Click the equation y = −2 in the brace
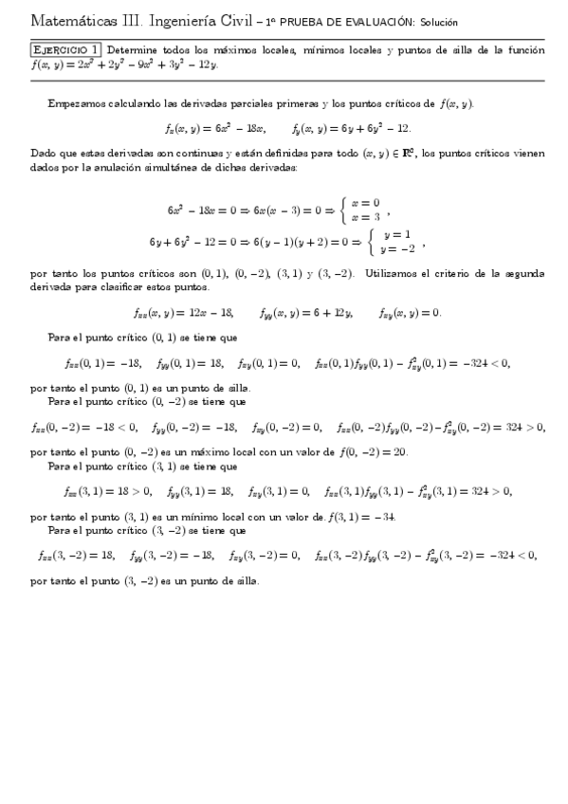coord(396,249)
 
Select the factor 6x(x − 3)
coord(272,209)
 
